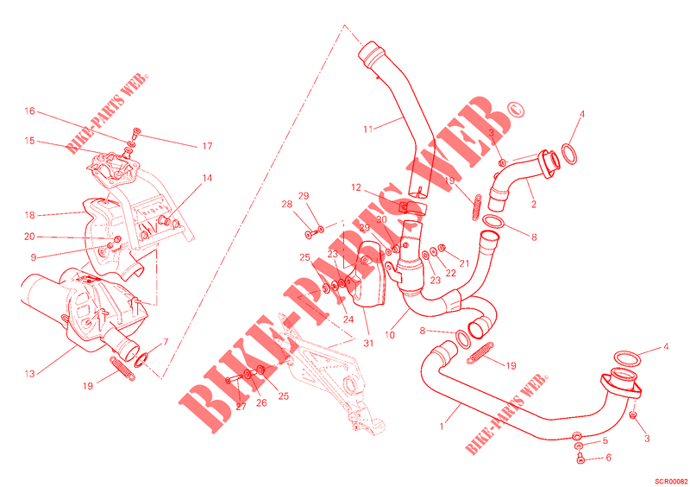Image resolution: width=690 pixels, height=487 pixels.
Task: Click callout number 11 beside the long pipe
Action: click(368, 130)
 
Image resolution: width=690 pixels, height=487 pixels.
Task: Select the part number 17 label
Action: click(207, 146)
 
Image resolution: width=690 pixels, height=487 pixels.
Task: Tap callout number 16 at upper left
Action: click(29, 111)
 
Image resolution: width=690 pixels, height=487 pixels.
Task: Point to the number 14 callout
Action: click(207, 178)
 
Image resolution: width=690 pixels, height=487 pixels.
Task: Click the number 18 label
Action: click(29, 216)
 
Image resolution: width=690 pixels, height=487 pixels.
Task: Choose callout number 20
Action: click(29, 237)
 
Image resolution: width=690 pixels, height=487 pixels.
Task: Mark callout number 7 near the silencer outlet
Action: click(166, 342)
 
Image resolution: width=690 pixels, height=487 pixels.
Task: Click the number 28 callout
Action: click(287, 205)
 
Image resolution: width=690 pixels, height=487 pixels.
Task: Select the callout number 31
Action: click(368, 344)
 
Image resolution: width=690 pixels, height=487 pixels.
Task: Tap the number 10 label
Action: click(390, 335)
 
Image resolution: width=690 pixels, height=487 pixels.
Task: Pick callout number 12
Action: click(356, 187)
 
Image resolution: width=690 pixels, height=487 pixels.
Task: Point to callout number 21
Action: click(464, 263)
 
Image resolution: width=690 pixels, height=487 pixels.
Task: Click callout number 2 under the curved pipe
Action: click(534, 205)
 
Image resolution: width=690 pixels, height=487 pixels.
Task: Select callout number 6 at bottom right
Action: click(609, 458)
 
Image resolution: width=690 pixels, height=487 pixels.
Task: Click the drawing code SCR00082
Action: click(671, 481)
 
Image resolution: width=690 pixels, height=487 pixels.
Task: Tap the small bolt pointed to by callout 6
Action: click(580, 459)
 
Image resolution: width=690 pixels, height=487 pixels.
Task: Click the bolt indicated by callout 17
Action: click(136, 133)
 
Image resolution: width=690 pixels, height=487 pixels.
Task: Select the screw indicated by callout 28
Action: click(310, 235)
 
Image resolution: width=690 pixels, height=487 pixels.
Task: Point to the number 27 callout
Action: click(241, 407)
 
